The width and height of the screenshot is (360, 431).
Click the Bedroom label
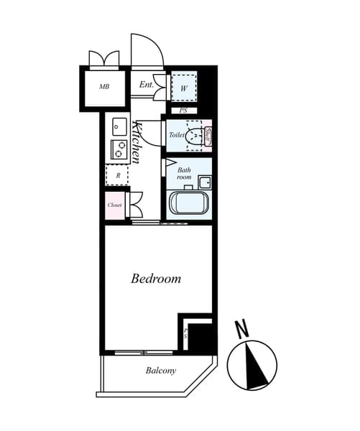coord(156,279)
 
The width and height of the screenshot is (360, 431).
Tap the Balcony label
coord(161,371)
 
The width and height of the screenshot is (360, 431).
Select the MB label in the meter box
coord(104,87)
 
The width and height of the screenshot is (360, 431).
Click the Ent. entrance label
coord(147,85)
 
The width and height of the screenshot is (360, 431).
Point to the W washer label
coord(184,88)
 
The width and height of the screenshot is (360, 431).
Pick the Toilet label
coord(176,135)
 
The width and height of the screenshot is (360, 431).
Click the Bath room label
coord(185,173)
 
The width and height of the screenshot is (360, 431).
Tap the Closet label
coord(114,205)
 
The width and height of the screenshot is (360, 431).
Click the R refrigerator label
coord(116,175)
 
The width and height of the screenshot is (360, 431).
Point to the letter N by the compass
coord(242,330)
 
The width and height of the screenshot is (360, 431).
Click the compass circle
coord(252,363)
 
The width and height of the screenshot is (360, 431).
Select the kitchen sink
coord(119,126)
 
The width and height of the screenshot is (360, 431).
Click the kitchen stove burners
coord(118,150)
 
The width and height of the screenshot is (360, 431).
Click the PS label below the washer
coord(183,111)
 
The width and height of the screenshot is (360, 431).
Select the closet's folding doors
coord(135,204)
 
